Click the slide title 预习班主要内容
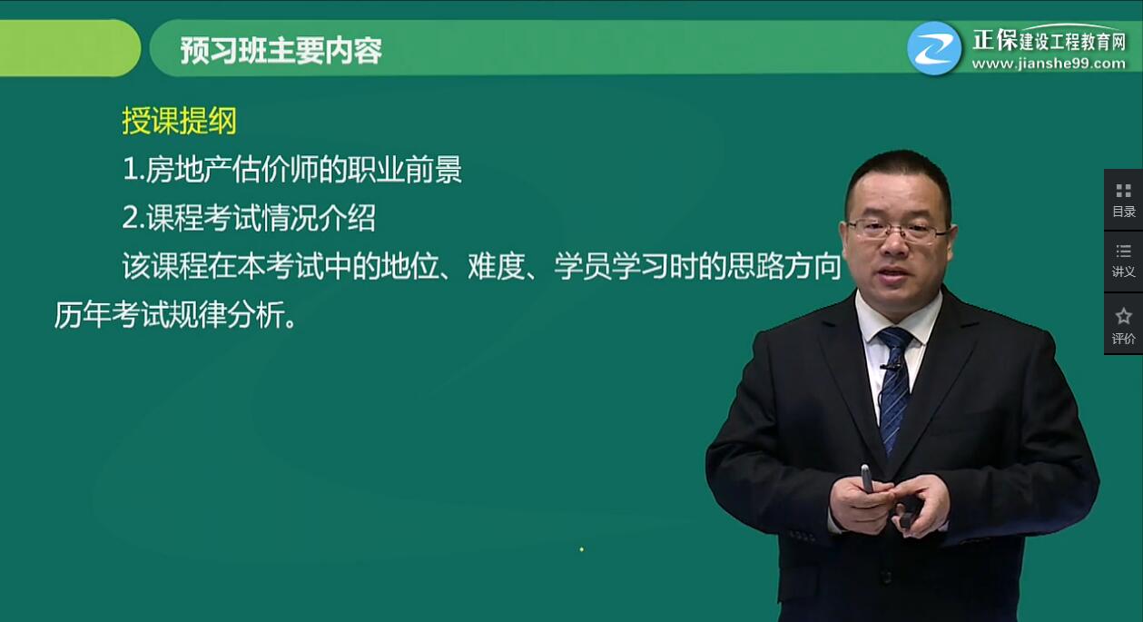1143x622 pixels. [x=281, y=50]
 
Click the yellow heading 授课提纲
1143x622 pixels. [x=179, y=121]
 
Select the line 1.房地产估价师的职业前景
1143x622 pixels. [x=292, y=170]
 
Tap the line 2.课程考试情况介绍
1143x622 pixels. [x=249, y=218]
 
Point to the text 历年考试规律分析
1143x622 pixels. [x=175, y=315]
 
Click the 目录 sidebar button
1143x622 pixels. [x=1123, y=199]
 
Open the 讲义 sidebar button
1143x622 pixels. [x=1123, y=260]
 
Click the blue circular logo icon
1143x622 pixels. [x=934, y=47]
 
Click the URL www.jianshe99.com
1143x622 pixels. [x=1048, y=64]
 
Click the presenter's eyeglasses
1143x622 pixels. [x=896, y=230]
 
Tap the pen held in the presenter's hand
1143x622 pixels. [x=866, y=478]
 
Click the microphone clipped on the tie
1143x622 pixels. [x=892, y=366]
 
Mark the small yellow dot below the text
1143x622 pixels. [x=581, y=548]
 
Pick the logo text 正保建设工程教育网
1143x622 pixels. [x=1049, y=41]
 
